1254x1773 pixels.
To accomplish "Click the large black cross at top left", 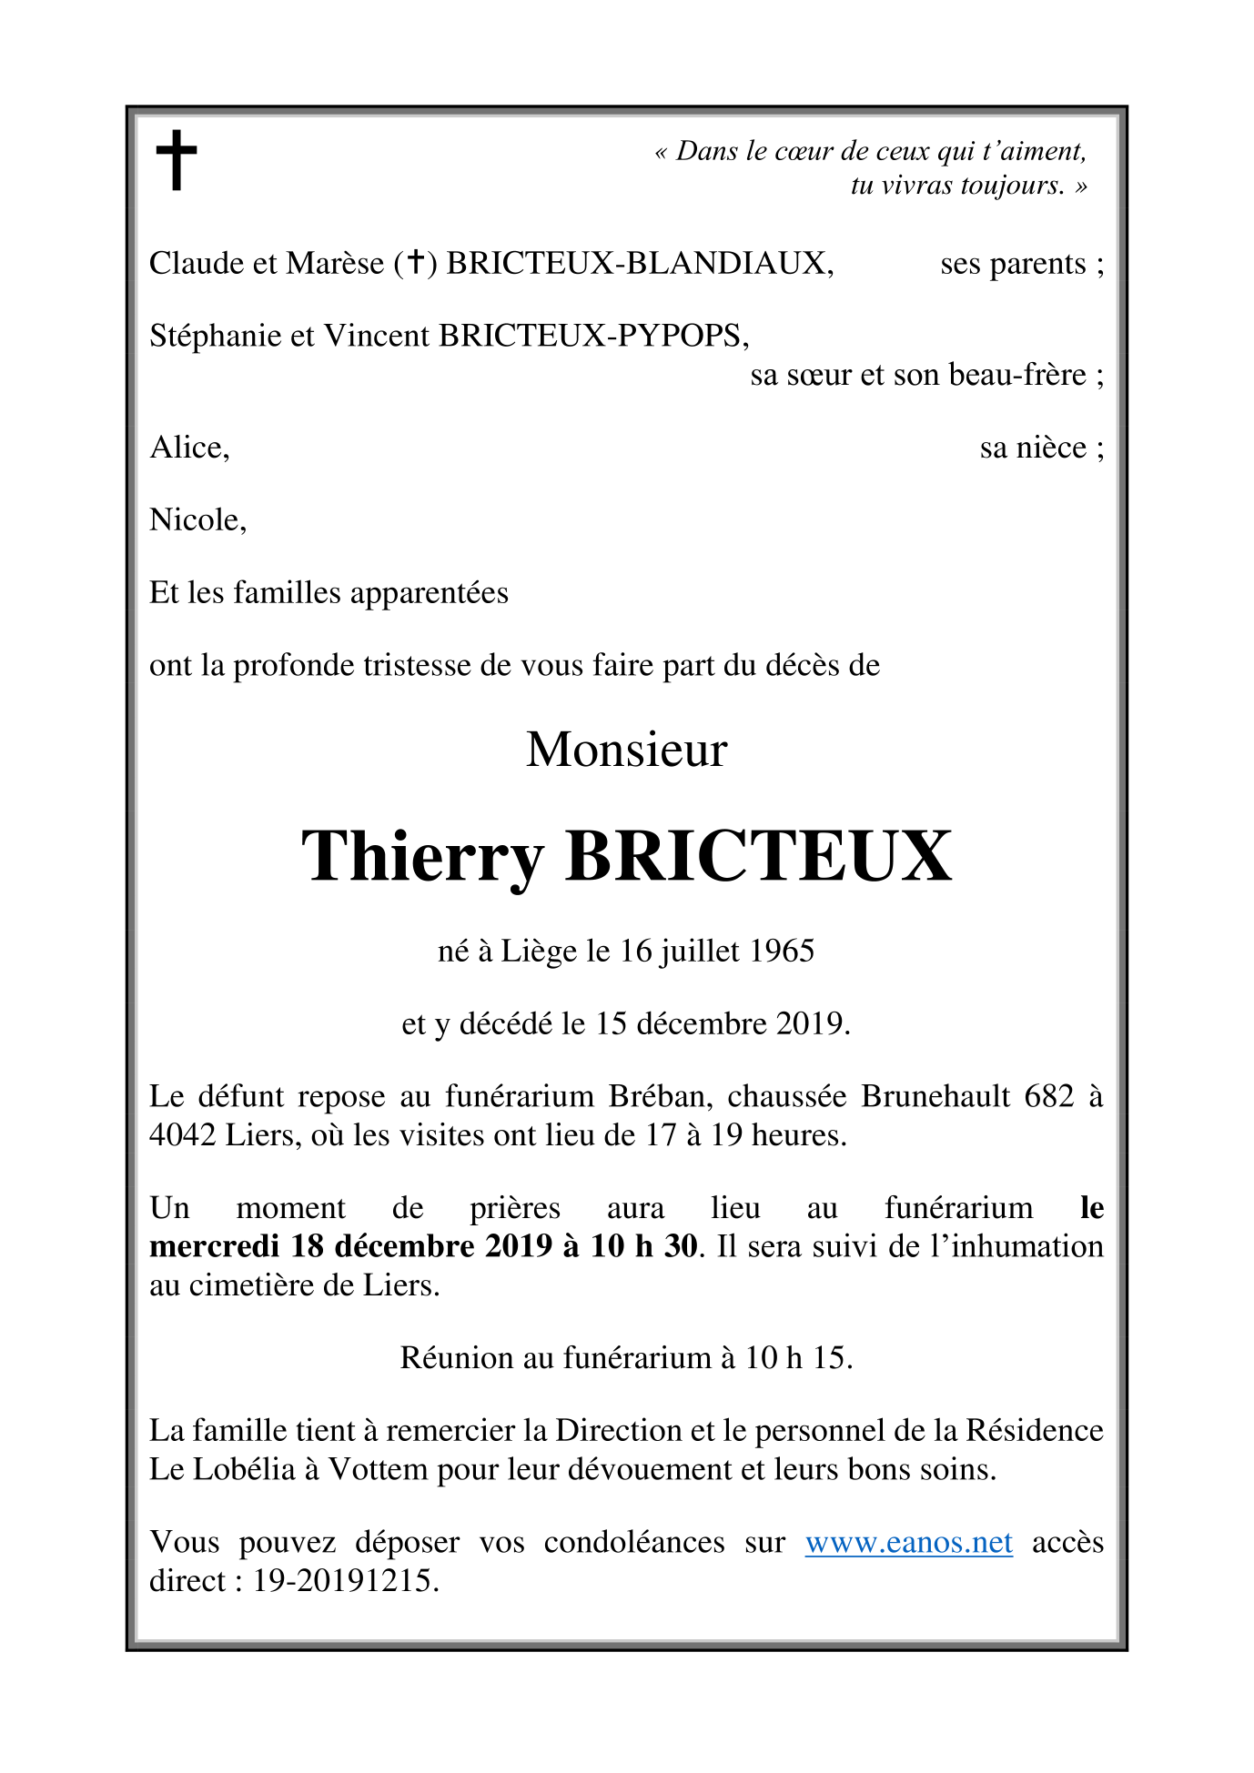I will coord(177,159).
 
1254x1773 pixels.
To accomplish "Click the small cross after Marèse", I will coord(415,263).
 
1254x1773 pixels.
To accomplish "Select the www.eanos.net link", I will coord(908,1543).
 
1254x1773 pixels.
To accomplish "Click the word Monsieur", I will coord(626,751).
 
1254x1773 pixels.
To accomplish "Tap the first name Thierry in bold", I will coord(422,857).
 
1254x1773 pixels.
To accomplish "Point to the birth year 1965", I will coord(782,952).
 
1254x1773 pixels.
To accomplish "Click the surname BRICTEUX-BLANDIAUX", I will coord(639,263).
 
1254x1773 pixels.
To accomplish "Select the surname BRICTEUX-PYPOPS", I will coord(593,337).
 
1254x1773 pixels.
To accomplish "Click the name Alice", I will coord(188,448).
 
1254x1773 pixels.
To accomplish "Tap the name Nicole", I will coord(197,520).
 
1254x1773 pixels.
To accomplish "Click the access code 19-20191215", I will coord(345,1581).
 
